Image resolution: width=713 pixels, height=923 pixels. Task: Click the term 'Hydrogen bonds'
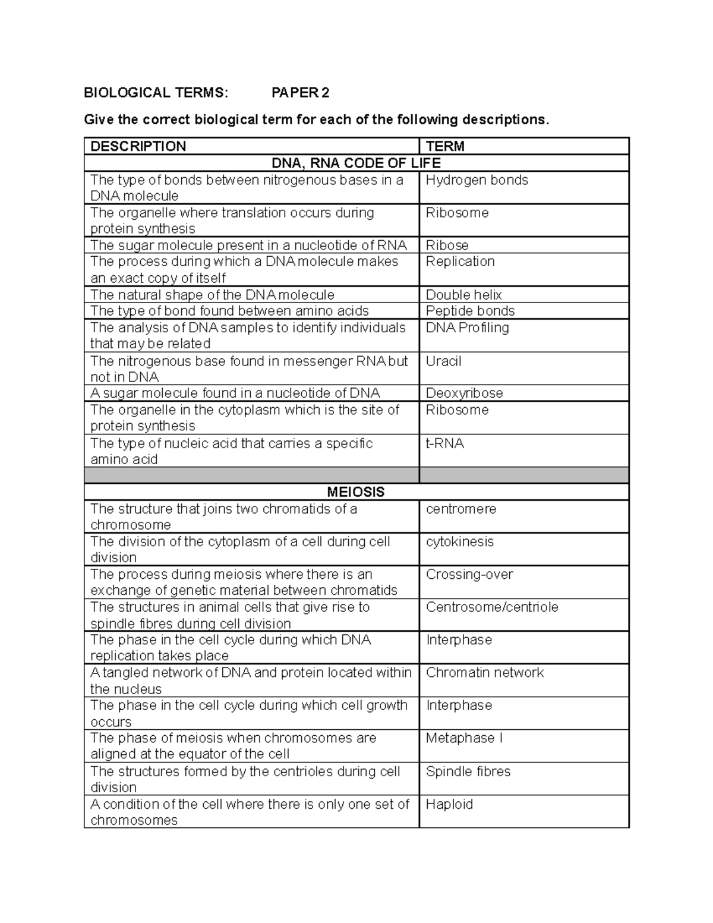coord(477,180)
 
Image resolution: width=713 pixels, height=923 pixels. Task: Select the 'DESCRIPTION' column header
coord(138,146)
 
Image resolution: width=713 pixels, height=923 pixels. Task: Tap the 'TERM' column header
coord(445,146)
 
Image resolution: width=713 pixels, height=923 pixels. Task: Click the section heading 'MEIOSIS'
coord(356,492)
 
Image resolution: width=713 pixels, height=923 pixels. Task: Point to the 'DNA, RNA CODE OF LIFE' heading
coord(356,163)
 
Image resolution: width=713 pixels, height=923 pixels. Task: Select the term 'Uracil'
coord(443,361)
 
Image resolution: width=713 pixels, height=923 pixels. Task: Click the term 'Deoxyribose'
coord(464,393)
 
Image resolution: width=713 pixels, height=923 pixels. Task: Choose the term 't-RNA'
coord(444,443)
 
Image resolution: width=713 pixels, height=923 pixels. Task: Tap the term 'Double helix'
coord(463,295)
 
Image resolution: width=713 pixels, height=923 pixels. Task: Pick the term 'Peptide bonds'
coord(470,311)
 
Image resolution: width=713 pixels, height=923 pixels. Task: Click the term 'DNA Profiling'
coord(467,327)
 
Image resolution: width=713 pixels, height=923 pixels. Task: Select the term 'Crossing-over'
coord(469,574)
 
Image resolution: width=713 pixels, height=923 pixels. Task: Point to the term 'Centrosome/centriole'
coord(492,607)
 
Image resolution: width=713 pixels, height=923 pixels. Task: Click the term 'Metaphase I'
coord(464,738)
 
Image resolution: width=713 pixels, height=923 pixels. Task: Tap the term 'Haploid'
coord(449,804)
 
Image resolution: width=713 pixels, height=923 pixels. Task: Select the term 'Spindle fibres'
coord(468,771)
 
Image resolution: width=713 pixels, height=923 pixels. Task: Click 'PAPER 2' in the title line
coord(300,93)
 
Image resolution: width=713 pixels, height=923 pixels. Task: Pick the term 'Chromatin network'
coord(484,672)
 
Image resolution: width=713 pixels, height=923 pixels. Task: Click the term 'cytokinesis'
coord(459,541)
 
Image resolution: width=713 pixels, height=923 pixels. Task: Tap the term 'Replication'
coord(460,262)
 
